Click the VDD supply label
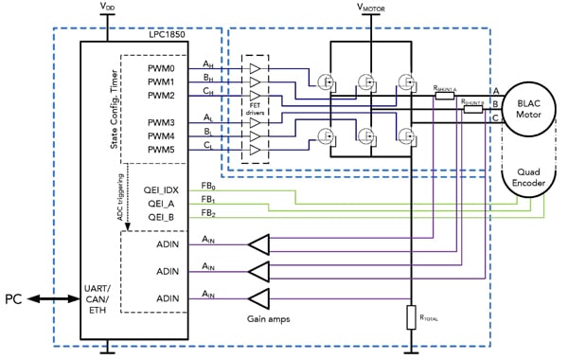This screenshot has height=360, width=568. (110, 8)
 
